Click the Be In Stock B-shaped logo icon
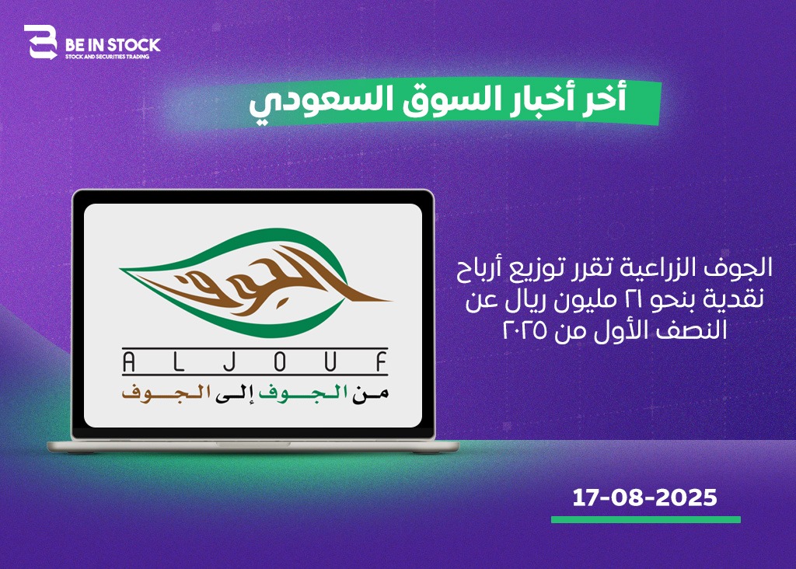coord(40,42)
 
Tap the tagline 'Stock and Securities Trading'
coord(107,56)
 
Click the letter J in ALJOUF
coord(230,362)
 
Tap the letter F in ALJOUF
coord(382,362)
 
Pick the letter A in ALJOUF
coord(129,362)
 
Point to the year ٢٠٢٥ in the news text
coord(525,330)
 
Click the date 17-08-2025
coord(644,497)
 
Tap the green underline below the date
coord(646,520)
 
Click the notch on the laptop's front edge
coord(253,444)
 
